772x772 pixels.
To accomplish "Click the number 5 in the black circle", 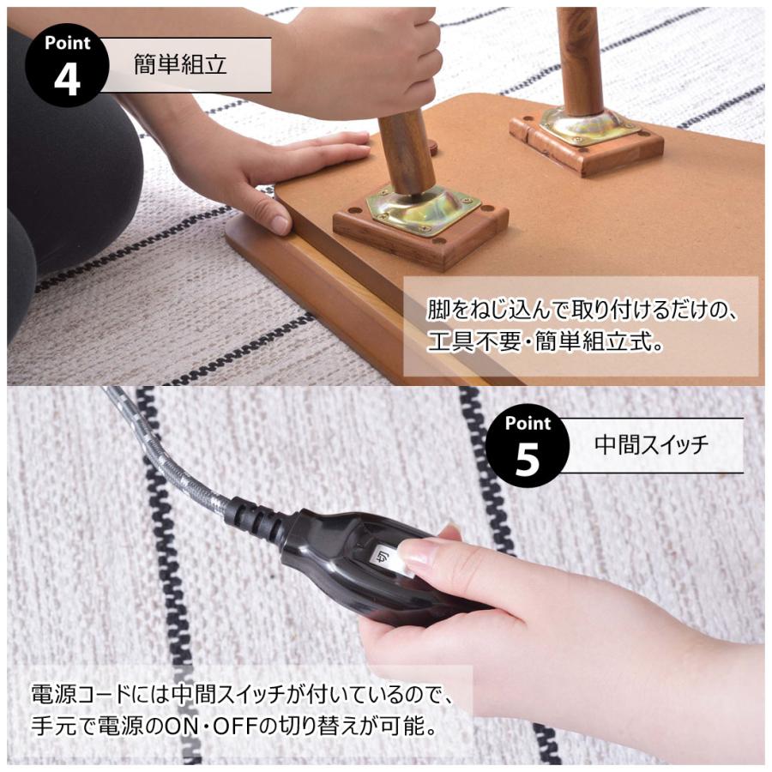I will click(527, 459).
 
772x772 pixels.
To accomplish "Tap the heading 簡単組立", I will click(180, 64).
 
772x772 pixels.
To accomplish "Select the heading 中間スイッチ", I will click(652, 445).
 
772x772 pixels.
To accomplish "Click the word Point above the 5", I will click(528, 423).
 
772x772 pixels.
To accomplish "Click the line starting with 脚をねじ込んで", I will click(582, 309).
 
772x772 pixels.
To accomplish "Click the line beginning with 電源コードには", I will click(240, 692).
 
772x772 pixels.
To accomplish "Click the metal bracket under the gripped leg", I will click(423, 208).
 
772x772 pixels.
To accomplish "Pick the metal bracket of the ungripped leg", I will click(588, 126).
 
